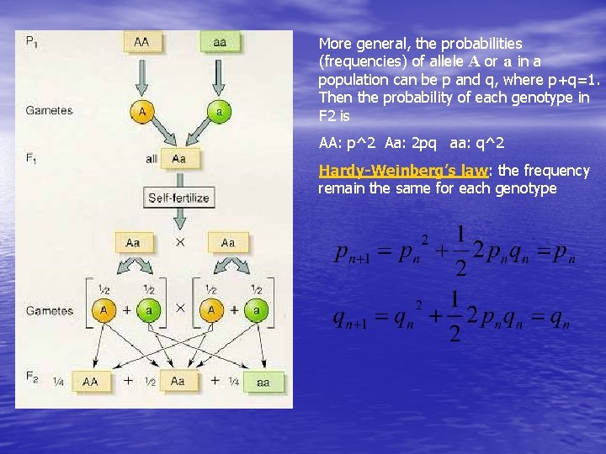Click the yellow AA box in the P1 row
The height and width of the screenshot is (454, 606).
tap(142, 42)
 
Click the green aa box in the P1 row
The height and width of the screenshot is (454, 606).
tap(220, 42)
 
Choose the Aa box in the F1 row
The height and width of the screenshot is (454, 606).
tap(178, 158)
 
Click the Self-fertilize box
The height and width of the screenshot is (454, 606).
tap(178, 198)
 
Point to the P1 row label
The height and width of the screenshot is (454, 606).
tap(31, 40)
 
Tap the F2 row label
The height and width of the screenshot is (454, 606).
tap(31, 380)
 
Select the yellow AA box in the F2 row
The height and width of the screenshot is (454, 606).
tap(91, 381)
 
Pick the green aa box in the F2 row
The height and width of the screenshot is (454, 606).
tap(263, 382)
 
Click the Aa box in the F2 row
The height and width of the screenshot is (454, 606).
tap(178, 381)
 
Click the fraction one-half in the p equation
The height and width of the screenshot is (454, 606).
tap(460, 250)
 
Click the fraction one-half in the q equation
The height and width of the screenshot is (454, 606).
tap(455, 318)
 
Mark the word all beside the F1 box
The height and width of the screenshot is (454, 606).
tap(151, 158)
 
